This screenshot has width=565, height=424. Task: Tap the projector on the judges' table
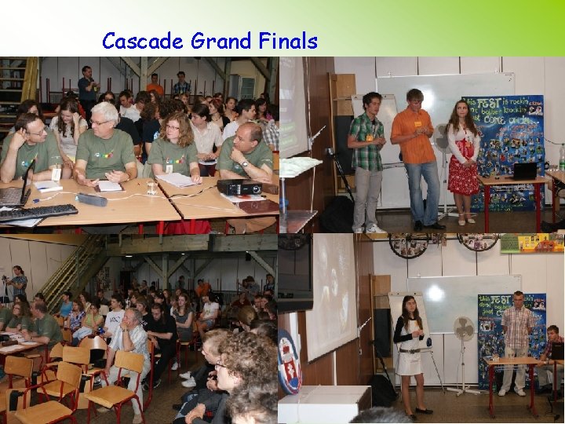[x=239, y=187]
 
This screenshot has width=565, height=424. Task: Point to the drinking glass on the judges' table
[x=151, y=187]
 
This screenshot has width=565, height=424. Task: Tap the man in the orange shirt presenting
[x=416, y=157]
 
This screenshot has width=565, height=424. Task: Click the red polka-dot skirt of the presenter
[x=463, y=176]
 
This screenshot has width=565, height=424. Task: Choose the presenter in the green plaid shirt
[x=366, y=157]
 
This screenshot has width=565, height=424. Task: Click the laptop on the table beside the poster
[x=523, y=170]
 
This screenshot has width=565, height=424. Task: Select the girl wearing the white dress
[x=409, y=353]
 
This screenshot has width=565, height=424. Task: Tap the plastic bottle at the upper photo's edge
[x=561, y=157]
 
